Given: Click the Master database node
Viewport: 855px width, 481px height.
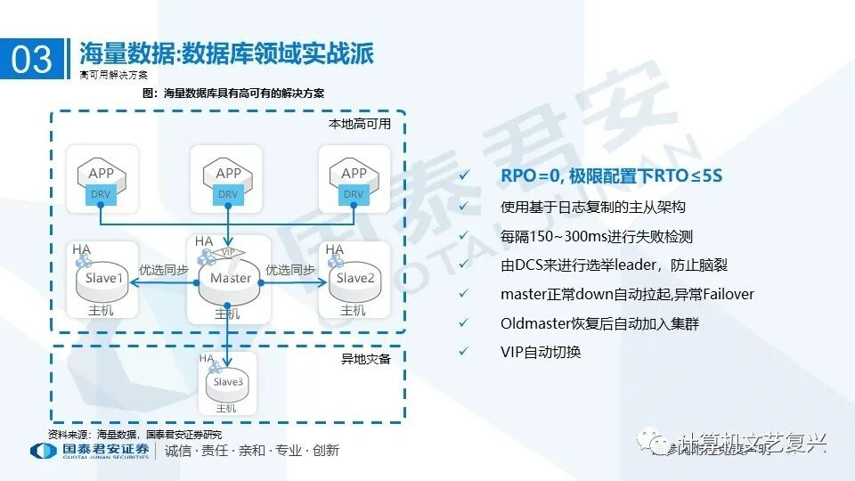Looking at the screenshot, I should pyautogui.click(x=230, y=279).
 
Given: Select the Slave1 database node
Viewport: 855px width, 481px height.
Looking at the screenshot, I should pyautogui.click(x=102, y=279).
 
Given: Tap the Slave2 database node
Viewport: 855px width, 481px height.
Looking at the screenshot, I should pyautogui.click(x=354, y=279).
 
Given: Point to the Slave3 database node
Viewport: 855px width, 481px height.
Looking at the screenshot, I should pyautogui.click(x=227, y=382).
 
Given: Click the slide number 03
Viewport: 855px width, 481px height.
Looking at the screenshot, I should pyautogui.click(x=32, y=59).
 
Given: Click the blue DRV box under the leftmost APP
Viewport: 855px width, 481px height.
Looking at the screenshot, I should pyautogui.click(x=102, y=193).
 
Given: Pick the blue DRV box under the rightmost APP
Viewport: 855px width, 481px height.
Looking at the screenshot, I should pyautogui.click(x=354, y=193).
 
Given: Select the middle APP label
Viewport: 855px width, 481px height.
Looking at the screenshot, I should pyautogui.click(x=229, y=174).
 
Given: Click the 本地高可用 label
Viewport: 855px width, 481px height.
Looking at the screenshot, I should pyautogui.click(x=365, y=125).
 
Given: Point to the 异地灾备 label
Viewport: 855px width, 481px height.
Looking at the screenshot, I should pyautogui.click(x=366, y=359).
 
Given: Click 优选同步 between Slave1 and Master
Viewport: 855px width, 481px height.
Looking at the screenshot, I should pyautogui.click(x=164, y=270).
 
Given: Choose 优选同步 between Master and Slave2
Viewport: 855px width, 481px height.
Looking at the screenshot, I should pyautogui.click(x=290, y=270).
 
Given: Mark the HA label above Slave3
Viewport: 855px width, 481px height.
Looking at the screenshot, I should pyautogui.click(x=207, y=358).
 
